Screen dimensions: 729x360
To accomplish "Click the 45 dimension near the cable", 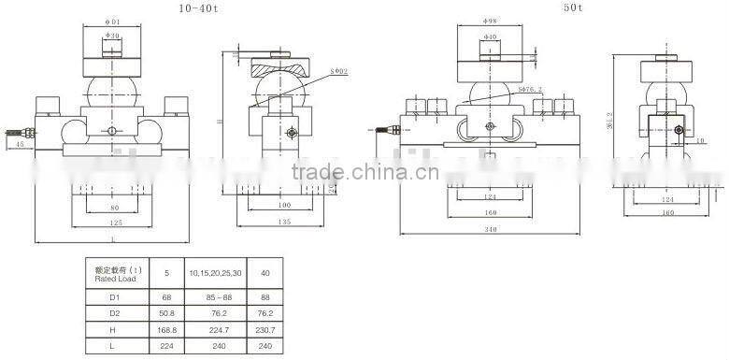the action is [x=21, y=145].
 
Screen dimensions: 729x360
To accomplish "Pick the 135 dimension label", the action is [x=284, y=223].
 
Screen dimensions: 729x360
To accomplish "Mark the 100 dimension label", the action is [x=284, y=206].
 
